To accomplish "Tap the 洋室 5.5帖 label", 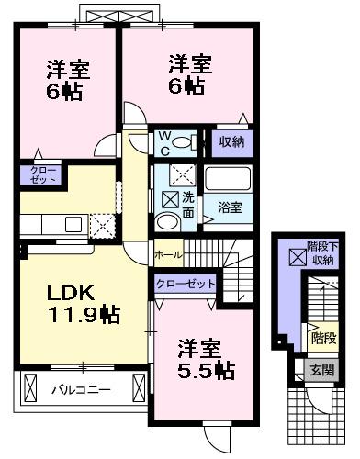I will (x=203, y=359).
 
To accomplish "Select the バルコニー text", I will (x=80, y=389).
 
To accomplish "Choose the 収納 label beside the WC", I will (x=231, y=141).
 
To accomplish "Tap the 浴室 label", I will (x=231, y=207).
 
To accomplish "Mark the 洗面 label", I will (x=187, y=203).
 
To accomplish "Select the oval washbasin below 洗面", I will (x=167, y=222).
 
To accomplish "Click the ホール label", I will (x=167, y=253).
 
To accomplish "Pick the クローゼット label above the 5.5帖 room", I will (x=185, y=285).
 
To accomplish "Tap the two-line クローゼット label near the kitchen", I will (x=42, y=175).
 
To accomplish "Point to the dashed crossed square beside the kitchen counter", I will (x=102, y=225).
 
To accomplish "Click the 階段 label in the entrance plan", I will (x=322, y=337).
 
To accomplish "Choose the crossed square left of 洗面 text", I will (x=170, y=196).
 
